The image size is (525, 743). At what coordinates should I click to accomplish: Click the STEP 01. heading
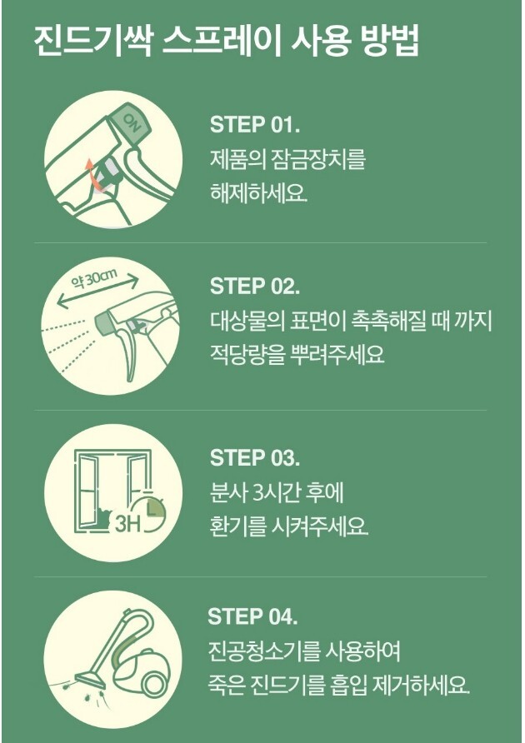click(255, 124)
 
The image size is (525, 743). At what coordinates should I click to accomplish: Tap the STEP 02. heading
click(255, 286)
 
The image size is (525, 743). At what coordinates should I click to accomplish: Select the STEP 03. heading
click(255, 457)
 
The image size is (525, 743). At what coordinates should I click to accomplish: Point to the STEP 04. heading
click(252, 616)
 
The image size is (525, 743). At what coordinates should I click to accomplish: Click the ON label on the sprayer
click(132, 123)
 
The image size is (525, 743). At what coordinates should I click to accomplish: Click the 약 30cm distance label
click(94, 279)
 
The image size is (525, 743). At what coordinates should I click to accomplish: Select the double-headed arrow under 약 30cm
click(97, 292)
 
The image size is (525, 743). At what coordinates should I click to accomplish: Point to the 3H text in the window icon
click(127, 524)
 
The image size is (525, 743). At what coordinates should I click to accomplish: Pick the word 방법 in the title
click(390, 42)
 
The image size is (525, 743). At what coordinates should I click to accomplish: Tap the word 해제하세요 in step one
click(258, 193)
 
